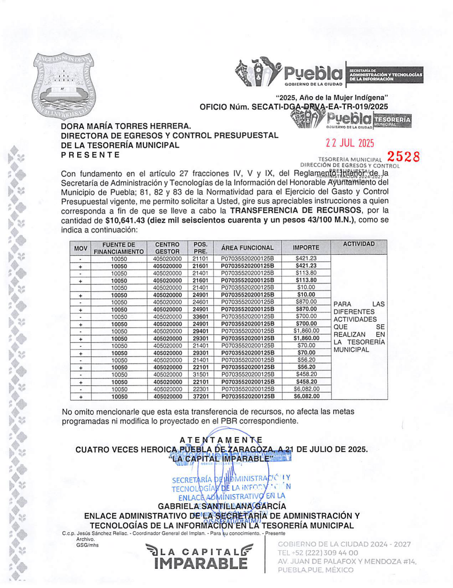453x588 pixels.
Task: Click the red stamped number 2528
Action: pos(403,156)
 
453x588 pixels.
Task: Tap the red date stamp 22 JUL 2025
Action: pos(350,143)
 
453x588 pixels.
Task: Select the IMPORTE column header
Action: pos(306,247)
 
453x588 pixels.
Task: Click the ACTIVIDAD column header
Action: pos(359,244)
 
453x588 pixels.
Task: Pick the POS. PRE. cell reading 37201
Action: pos(200,397)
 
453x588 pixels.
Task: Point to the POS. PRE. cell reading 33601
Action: pos(200,317)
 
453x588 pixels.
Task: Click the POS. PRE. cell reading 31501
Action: pos(200,374)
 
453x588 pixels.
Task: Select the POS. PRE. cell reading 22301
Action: pos(200,389)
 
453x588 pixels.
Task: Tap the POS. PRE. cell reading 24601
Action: pos(200,302)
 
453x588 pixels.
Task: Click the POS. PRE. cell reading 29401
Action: pos(200,331)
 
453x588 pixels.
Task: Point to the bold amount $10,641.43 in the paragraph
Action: pos(125,220)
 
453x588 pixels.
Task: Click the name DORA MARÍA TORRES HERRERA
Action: pos(126,126)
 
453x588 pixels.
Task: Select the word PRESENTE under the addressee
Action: pos(90,155)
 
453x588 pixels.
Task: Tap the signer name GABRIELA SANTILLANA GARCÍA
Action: pos(222,506)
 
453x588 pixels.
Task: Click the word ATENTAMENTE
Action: pos(221,440)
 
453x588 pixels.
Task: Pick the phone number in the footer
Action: pos(318,553)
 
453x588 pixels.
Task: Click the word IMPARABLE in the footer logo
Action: pos(201,564)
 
